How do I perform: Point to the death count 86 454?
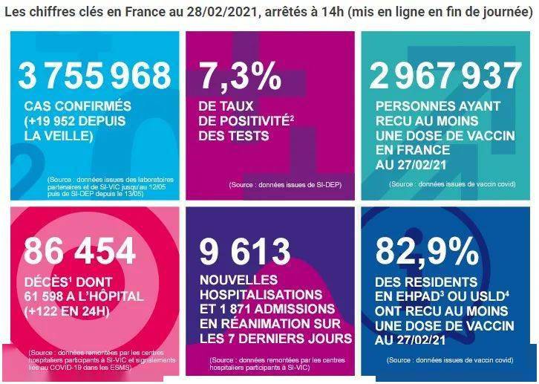point(80,250)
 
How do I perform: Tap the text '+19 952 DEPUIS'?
point(74,122)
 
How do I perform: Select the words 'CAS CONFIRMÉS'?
point(77,106)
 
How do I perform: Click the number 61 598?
point(46,296)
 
